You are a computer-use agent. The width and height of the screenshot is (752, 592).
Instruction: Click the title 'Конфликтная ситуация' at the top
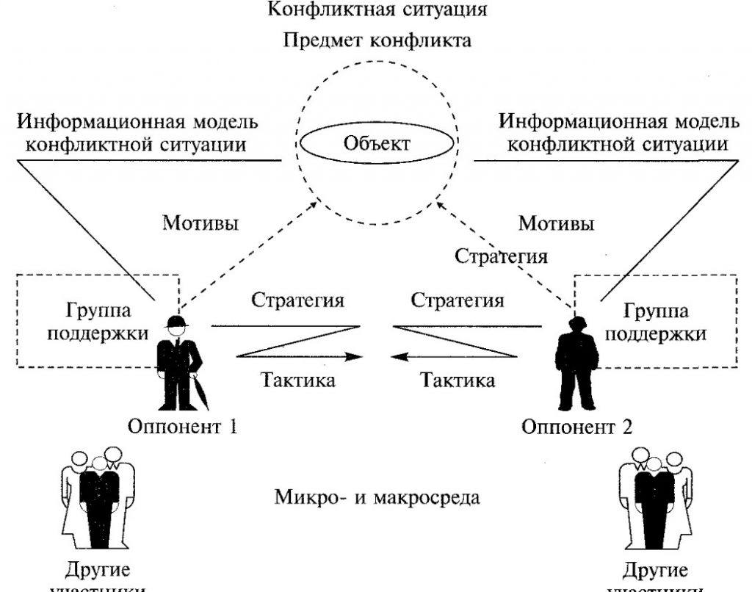click(377, 10)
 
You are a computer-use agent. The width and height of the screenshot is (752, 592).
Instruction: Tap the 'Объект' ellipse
click(375, 142)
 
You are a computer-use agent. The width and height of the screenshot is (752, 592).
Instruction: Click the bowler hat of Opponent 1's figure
click(176, 321)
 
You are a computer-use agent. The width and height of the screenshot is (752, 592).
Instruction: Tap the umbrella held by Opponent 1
click(201, 389)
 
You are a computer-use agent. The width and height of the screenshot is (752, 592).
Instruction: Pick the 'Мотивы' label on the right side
click(556, 222)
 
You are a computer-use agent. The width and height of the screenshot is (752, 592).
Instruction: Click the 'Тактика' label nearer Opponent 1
click(298, 380)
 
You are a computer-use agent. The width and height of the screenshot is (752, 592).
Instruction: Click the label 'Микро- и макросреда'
click(377, 497)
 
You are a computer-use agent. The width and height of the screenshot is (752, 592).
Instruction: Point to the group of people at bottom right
click(656, 499)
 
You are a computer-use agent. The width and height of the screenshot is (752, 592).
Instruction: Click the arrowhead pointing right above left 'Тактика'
click(356, 357)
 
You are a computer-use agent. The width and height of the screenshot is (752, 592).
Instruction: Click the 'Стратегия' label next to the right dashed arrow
click(501, 256)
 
